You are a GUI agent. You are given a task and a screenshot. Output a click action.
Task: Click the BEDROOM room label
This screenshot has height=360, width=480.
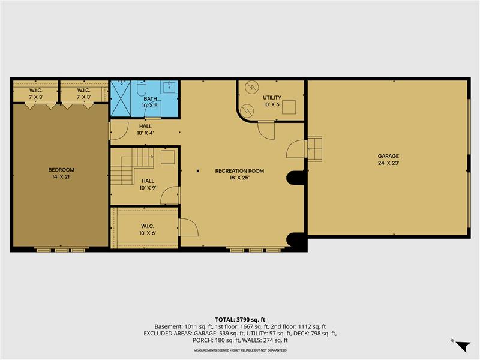61,170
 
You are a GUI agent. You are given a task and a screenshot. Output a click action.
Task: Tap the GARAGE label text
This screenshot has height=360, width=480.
388,156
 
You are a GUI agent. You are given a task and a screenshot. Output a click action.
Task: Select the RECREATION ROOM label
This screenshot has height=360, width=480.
239,171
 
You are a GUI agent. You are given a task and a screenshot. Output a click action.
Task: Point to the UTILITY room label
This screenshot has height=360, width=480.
272,97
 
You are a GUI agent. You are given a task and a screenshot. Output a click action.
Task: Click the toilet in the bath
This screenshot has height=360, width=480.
140,89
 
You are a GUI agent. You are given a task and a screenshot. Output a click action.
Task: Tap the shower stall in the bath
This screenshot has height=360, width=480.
122,98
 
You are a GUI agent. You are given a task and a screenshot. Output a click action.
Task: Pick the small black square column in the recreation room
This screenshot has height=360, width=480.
197,171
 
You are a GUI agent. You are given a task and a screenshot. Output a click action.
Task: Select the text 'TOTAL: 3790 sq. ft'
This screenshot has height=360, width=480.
239,319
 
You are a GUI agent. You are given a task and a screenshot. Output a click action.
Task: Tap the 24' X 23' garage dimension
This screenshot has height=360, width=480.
388,163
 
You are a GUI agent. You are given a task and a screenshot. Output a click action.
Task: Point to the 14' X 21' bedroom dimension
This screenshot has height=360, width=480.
61,177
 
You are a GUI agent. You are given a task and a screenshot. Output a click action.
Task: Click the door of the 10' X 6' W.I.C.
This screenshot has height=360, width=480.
188,228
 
